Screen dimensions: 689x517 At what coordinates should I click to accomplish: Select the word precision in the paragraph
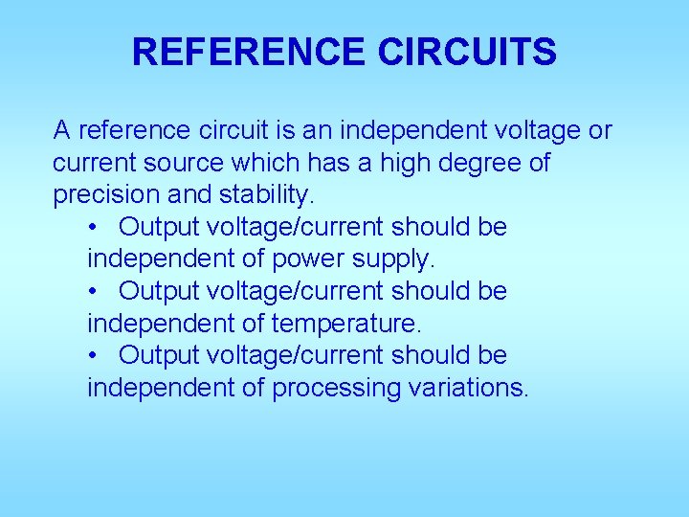click(106, 195)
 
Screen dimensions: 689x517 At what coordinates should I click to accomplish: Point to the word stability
click(266, 195)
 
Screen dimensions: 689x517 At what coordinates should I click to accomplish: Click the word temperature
click(347, 324)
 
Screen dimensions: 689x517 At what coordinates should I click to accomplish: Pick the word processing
click(330, 388)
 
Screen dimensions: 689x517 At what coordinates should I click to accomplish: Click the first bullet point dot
click(93, 228)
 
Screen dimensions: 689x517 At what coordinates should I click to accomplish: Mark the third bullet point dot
click(93, 356)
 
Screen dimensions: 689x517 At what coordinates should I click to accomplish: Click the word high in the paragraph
click(407, 163)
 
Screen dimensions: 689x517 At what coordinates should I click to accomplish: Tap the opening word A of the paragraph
click(61, 130)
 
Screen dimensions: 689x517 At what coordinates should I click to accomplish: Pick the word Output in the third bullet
click(161, 356)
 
